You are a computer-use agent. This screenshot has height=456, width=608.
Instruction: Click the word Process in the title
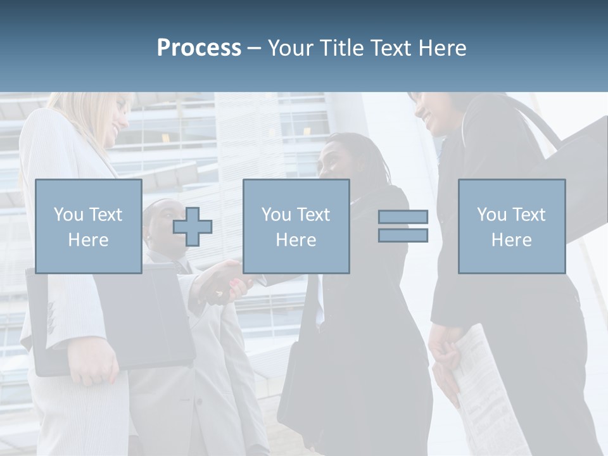point(199,48)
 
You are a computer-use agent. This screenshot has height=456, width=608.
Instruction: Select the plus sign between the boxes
point(193,227)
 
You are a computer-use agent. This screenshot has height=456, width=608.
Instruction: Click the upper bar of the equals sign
point(403,217)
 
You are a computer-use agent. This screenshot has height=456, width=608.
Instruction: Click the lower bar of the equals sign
point(403,235)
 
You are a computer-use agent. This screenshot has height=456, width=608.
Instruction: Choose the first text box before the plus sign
point(88,226)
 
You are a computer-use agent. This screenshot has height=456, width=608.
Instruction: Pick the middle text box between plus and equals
point(296,226)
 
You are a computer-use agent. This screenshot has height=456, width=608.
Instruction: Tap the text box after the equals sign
point(511,226)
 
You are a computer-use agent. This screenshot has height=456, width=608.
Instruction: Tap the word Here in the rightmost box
point(511,240)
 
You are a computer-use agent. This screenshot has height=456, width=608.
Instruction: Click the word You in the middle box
point(276,215)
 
